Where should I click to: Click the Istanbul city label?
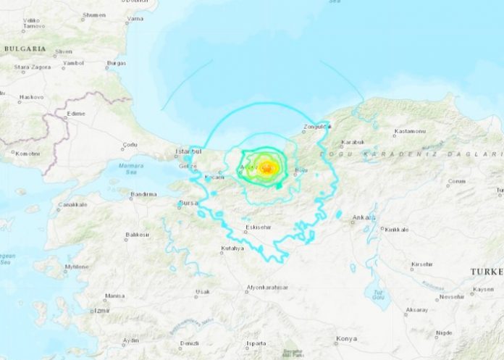tap(187, 151)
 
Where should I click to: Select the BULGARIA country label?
tap(25, 49)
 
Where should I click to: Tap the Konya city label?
tap(346, 340)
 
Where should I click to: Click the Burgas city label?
tap(116, 64)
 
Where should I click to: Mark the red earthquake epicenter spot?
tap(267, 168)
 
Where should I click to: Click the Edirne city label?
tap(75, 114)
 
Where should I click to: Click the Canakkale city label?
tap(72, 205)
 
